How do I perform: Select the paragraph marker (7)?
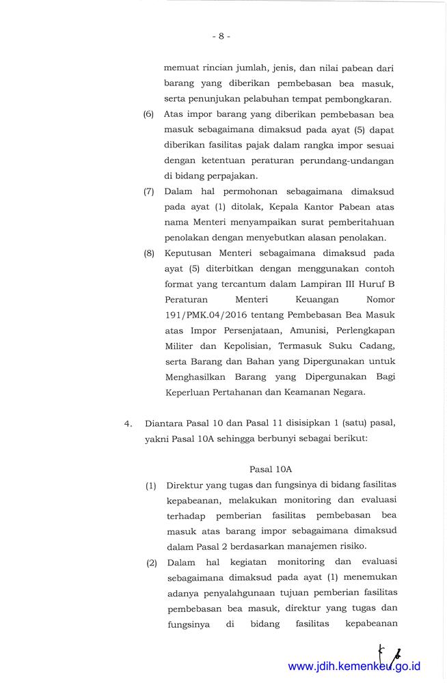[x=149, y=192]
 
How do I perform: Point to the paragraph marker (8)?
[x=149, y=253]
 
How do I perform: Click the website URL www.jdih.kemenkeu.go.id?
[x=354, y=666]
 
